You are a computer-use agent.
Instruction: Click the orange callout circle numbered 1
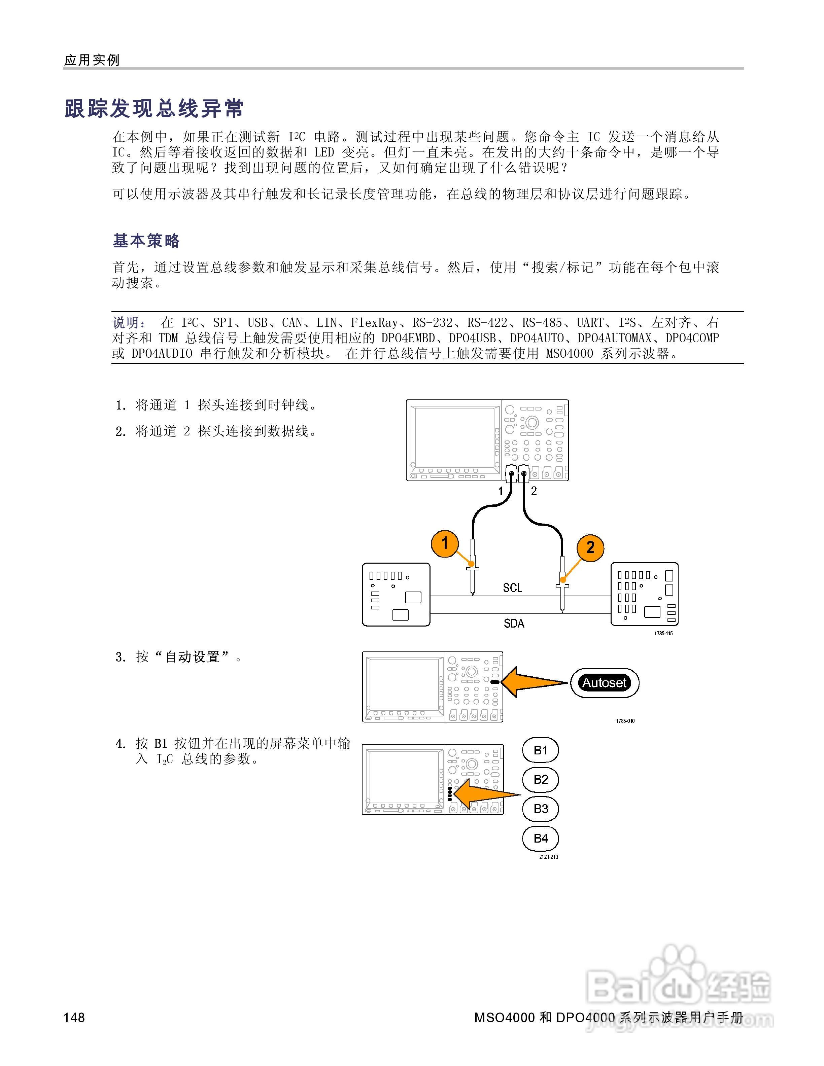pos(445,543)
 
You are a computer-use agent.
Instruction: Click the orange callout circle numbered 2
pos(590,548)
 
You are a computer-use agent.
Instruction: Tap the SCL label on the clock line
pos(513,588)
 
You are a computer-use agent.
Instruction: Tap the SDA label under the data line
pos(514,623)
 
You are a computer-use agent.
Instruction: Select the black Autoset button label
pos(604,682)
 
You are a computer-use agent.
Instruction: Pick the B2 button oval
pos(540,780)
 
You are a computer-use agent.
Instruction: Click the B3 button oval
pos(540,809)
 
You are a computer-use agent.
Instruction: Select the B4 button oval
pos(540,839)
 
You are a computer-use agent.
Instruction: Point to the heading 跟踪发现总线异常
pos(154,108)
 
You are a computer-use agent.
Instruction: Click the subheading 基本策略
pos(146,241)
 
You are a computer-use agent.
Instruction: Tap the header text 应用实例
pos(92,60)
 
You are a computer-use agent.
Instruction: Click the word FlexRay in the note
pos(374,323)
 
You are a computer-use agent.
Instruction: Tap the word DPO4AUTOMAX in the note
pos(615,338)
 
